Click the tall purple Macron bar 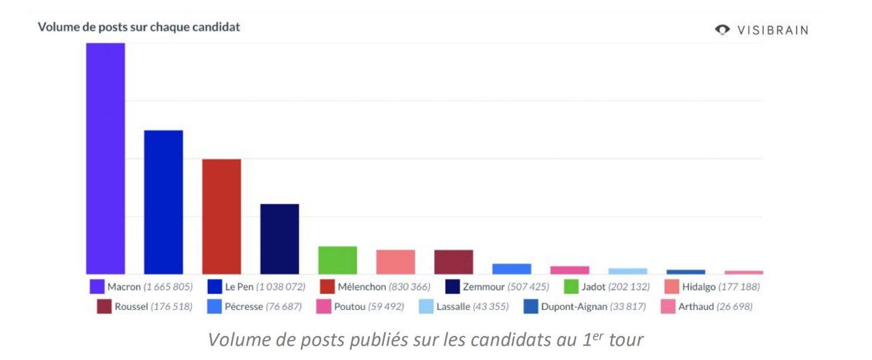coord(106,159)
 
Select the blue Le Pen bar coord(163,202)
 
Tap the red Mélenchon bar coord(221,217)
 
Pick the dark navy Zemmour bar coord(280,239)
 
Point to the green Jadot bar coord(338,260)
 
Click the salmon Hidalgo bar coord(395,262)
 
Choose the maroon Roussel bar coord(453,262)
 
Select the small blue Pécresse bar coord(511,269)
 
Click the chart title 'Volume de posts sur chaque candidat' coord(139,27)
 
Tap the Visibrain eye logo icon coord(722,29)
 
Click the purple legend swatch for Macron coord(97,287)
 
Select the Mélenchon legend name coord(362,287)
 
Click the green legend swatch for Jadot coord(571,287)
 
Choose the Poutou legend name coord(350,307)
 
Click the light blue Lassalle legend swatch coord(426,307)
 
